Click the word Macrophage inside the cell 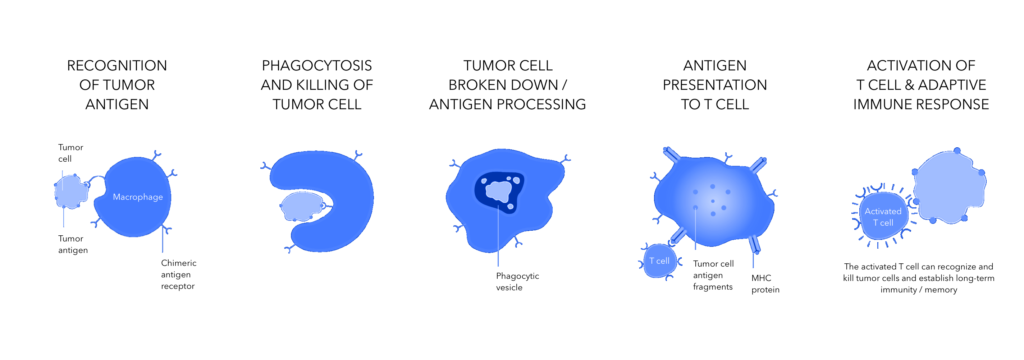point(138,197)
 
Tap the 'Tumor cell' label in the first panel point(70,153)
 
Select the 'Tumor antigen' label point(73,244)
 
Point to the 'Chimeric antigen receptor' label point(178,274)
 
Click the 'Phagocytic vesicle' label point(517,282)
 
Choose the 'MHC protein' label point(765,284)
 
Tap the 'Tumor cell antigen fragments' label point(713,275)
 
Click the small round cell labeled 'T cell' point(659,261)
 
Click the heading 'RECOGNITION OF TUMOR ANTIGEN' point(117,85)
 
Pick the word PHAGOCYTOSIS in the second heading point(317,65)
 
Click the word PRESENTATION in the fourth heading point(715,85)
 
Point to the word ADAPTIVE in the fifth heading point(952,85)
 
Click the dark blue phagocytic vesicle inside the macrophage point(499,192)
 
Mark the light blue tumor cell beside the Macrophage point(71,191)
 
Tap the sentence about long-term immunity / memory point(918,278)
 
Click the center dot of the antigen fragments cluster point(713,201)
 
